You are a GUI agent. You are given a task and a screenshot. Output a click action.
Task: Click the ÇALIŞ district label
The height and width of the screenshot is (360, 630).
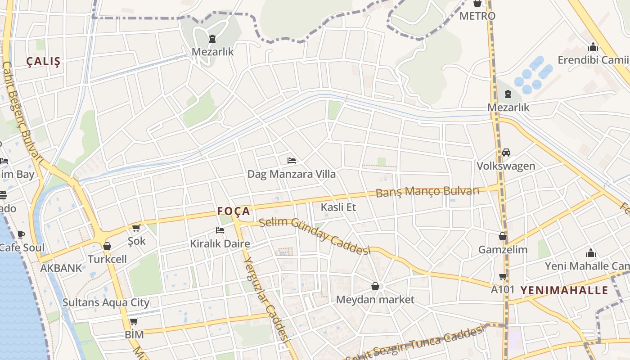click(43, 62)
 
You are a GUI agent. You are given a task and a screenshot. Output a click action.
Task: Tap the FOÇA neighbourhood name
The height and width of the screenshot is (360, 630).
click(233, 211)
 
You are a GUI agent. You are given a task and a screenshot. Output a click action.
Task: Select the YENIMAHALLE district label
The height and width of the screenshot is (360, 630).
click(564, 290)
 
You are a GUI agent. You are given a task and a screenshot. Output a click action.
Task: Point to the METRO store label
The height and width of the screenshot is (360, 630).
click(477, 16)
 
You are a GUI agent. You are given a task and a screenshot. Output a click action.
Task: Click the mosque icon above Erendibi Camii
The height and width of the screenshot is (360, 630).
click(593, 47)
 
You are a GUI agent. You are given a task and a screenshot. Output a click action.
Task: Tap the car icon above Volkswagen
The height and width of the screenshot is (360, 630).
click(506, 153)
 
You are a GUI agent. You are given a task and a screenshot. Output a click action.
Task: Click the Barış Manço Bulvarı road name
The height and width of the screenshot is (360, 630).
click(427, 192)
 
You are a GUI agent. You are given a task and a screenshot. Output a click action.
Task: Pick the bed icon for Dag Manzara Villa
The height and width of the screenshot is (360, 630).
click(292, 161)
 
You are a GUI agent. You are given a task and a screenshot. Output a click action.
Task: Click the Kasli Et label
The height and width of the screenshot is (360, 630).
click(338, 207)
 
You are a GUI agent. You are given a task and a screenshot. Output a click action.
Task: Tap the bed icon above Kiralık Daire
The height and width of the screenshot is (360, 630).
click(220, 230)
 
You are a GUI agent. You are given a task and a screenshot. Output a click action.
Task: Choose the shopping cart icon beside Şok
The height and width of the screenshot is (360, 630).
click(136, 228)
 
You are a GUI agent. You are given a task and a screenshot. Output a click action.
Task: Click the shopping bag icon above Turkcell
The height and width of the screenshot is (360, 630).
click(107, 246)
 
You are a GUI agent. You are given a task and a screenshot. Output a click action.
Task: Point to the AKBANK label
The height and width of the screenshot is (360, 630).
click(61, 268)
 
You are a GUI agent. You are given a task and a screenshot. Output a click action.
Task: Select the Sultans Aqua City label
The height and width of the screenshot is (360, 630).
click(106, 302)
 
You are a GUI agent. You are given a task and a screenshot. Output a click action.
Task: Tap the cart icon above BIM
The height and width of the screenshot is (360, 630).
click(134, 321)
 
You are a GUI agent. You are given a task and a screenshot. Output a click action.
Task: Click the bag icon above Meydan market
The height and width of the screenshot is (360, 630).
click(375, 286)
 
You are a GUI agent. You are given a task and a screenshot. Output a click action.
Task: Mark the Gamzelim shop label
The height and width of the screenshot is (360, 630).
click(503, 249)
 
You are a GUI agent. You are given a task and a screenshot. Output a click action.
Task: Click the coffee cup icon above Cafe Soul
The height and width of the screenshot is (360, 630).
click(21, 234)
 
